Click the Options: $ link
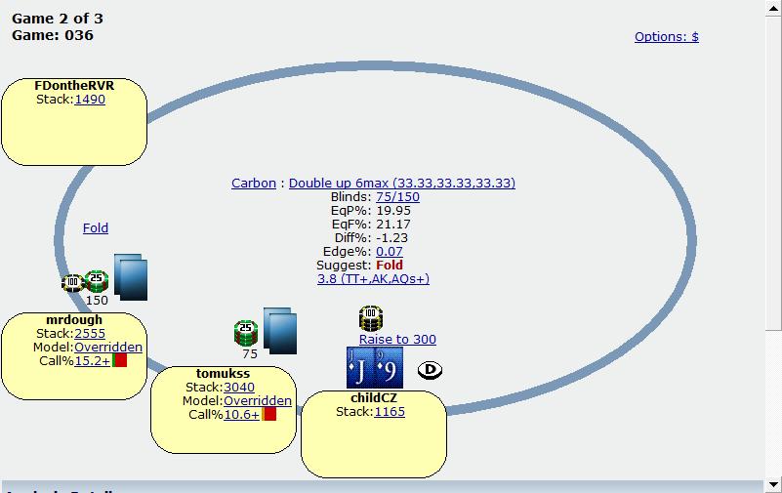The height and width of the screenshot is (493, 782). [666, 37]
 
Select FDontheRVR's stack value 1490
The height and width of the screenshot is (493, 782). [90, 100]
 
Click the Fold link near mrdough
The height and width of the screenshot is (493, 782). [96, 227]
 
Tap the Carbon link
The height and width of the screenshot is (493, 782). [254, 183]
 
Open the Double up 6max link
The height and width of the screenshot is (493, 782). [402, 183]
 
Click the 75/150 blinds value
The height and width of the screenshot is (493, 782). [397, 197]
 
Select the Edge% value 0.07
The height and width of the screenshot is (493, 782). [389, 251]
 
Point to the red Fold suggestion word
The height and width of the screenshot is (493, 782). [390, 265]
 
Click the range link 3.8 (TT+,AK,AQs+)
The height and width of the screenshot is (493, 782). [373, 278]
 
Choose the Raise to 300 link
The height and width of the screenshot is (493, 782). [397, 339]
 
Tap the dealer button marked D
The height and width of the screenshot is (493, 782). [430, 370]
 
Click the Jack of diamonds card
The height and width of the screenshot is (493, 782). [360, 368]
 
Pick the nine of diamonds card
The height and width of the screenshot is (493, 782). [389, 368]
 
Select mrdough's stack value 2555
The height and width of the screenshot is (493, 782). [90, 334]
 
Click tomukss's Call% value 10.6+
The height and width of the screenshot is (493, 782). [241, 414]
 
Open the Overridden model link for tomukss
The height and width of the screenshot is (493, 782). [258, 401]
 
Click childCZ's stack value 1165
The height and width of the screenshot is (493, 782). [390, 412]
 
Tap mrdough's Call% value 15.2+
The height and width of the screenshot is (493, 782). [92, 360]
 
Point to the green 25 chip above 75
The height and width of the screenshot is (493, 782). [246, 333]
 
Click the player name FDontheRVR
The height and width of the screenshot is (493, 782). [74, 85]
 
